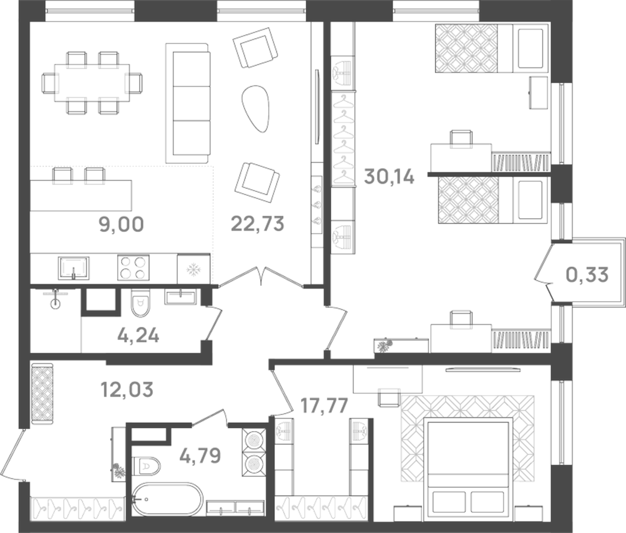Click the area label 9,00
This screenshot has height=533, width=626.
click(121, 225)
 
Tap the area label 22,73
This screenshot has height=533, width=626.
click(257, 224)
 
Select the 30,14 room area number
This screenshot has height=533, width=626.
click(389, 177)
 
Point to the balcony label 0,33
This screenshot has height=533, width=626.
click(587, 274)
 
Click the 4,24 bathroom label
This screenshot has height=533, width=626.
click(138, 336)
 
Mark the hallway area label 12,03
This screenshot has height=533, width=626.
click(126, 390)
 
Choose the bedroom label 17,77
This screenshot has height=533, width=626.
click(324, 406)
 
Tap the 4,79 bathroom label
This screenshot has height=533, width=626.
click(200, 455)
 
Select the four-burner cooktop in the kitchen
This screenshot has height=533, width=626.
click(133, 268)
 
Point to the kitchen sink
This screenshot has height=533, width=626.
click(74, 268)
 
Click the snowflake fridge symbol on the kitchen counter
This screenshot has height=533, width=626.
click(193, 269)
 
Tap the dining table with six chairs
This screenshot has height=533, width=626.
click(92, 83)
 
